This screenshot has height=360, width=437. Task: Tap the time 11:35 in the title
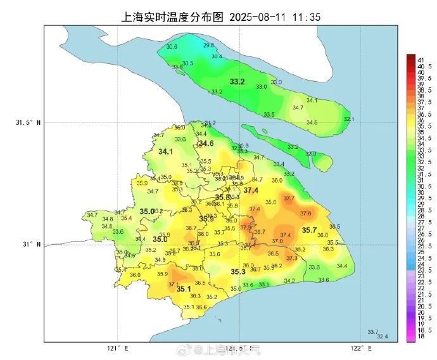[306, 16]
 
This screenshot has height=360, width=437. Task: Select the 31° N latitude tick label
[30, 244]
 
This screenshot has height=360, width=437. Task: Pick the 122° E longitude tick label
[360, 348]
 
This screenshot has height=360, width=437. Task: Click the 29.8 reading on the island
[208, 46]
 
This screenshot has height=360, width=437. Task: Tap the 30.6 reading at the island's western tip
[172, 47]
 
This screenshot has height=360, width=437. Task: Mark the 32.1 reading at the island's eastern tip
[348, 119]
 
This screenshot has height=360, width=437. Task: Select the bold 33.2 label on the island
[237, 82]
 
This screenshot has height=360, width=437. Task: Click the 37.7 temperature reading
[289, 198]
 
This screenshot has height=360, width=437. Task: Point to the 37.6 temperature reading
[306, 213]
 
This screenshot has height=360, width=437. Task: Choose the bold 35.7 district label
[309, 230]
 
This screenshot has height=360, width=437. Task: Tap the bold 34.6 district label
[206, 144]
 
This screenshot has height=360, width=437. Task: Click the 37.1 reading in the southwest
[173, 284]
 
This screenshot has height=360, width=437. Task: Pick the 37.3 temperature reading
[292, 258]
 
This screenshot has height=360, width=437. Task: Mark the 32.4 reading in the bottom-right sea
[383, 336]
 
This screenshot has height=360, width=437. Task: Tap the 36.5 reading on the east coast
[334, 226]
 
